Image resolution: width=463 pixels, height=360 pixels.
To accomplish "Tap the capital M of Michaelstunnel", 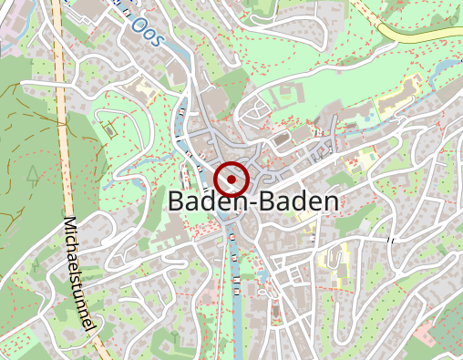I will coord(69,225).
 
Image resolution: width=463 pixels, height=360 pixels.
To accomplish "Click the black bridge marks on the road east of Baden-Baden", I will coord(391,240).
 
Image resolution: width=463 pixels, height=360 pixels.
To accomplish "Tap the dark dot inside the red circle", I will coord(233,180).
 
